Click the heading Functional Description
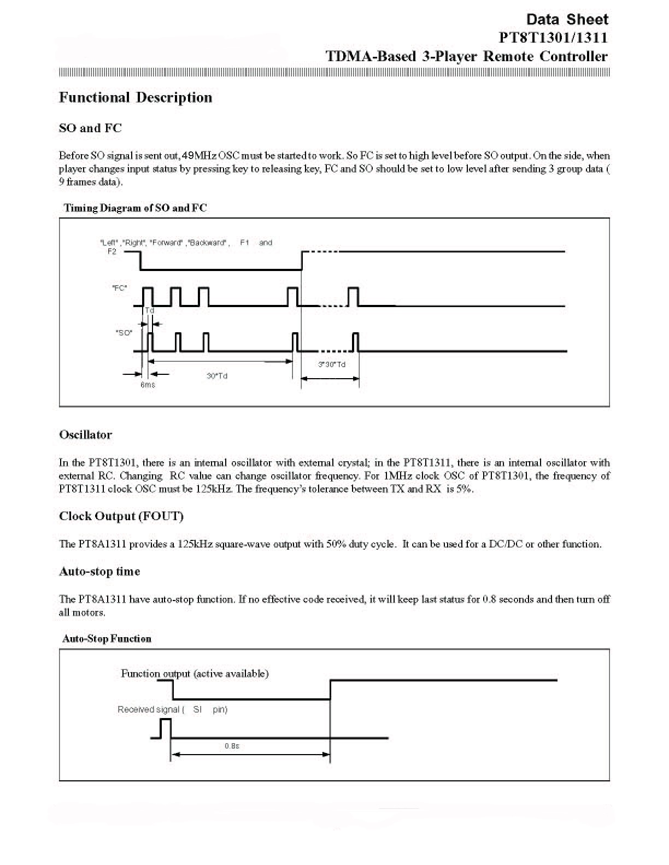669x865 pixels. (135, 97)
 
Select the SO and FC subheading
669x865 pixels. (90, 128)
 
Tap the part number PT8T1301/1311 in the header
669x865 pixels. (553, 37)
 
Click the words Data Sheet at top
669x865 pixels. (567, 19)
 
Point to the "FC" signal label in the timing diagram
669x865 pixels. (119, 289)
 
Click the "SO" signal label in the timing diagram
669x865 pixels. (124, 332)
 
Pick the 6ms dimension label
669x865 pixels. (148, 384)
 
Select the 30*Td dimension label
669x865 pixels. (217, 376)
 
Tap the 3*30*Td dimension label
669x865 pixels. (332, 364)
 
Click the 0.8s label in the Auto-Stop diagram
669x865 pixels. (232, 746)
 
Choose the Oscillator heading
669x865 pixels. (85, 435)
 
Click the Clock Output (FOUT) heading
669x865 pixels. (121, 516)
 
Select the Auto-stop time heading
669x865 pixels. (99, 572)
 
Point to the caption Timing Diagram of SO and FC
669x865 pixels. (135, 208)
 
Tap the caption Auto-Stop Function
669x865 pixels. (107, 639)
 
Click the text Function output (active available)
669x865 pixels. (195, 674)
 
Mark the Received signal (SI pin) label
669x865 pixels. (172, 709)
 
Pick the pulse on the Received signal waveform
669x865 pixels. (166, 728)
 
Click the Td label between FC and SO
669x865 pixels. (150, 310)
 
